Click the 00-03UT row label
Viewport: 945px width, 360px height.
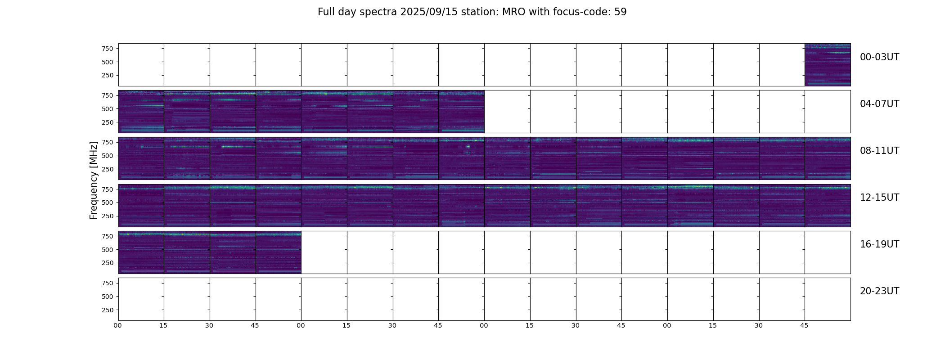coord(879,57)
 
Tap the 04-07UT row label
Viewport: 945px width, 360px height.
coord(879,104)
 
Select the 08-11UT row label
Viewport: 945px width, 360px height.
coord(879,151)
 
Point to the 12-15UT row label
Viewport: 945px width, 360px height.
coord(879,198)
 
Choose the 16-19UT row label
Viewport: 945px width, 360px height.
coord(879,244)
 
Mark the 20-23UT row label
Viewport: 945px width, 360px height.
coord(879,291)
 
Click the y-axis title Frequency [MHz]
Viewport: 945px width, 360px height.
coord(94,180)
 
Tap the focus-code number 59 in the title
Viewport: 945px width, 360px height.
coord(621,12)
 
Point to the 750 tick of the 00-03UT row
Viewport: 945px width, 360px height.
coord(107,49)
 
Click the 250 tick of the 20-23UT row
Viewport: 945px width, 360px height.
coord(107,310)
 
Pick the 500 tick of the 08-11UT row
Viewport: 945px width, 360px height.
coord(107,156)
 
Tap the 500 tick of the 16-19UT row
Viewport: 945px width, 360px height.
coord(107,250)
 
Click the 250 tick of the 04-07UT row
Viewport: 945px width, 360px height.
coord(107,122)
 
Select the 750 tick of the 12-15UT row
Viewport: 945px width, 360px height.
coord(107,189)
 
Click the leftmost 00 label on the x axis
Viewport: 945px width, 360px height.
coord(118,325)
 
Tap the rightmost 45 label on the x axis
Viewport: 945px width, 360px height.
coord(804,325)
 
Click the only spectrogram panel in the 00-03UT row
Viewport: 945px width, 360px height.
coord(828,65)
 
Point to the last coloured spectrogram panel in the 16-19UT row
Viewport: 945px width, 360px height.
coord(279,252)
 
